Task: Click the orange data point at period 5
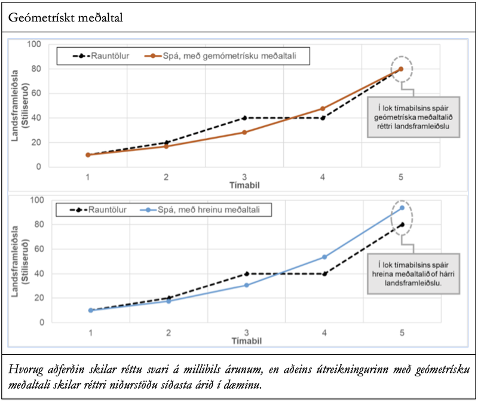tap(401, 69)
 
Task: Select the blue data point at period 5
tap(402, 208)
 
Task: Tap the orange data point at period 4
tap(323, 109)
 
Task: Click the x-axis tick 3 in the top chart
tap(244, 177)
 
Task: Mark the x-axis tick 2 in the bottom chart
tap(168, 332)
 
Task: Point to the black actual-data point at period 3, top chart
tap(244, 118)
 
